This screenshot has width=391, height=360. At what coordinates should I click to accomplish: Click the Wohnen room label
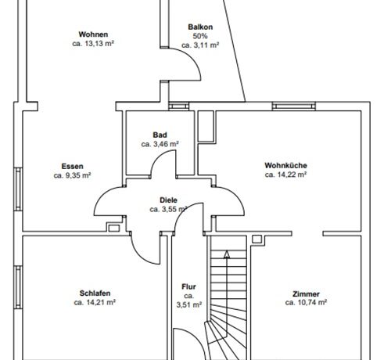[93, 34]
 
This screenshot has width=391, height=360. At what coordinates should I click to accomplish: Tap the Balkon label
[200, 27]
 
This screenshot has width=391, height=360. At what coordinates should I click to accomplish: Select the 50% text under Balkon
[200, 36]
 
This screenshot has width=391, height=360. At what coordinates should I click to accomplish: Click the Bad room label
[160, 135]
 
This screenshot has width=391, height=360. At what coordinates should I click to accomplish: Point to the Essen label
[72, 166]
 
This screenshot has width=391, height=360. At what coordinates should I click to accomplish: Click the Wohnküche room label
[285, 165]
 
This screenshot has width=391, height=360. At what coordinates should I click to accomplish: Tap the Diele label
[168, 200]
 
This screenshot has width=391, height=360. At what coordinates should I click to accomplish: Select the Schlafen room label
[95, 293]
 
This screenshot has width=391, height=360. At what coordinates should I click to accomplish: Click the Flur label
[188, 286]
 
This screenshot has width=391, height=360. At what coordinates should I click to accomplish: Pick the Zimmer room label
[306, 294]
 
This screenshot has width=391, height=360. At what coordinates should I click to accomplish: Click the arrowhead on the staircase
[227, 254]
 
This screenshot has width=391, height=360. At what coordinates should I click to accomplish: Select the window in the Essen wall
[18, 189]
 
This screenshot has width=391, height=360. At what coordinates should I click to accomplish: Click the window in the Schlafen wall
[18, 287]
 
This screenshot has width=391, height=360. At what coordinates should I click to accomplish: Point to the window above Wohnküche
[294, 106]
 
